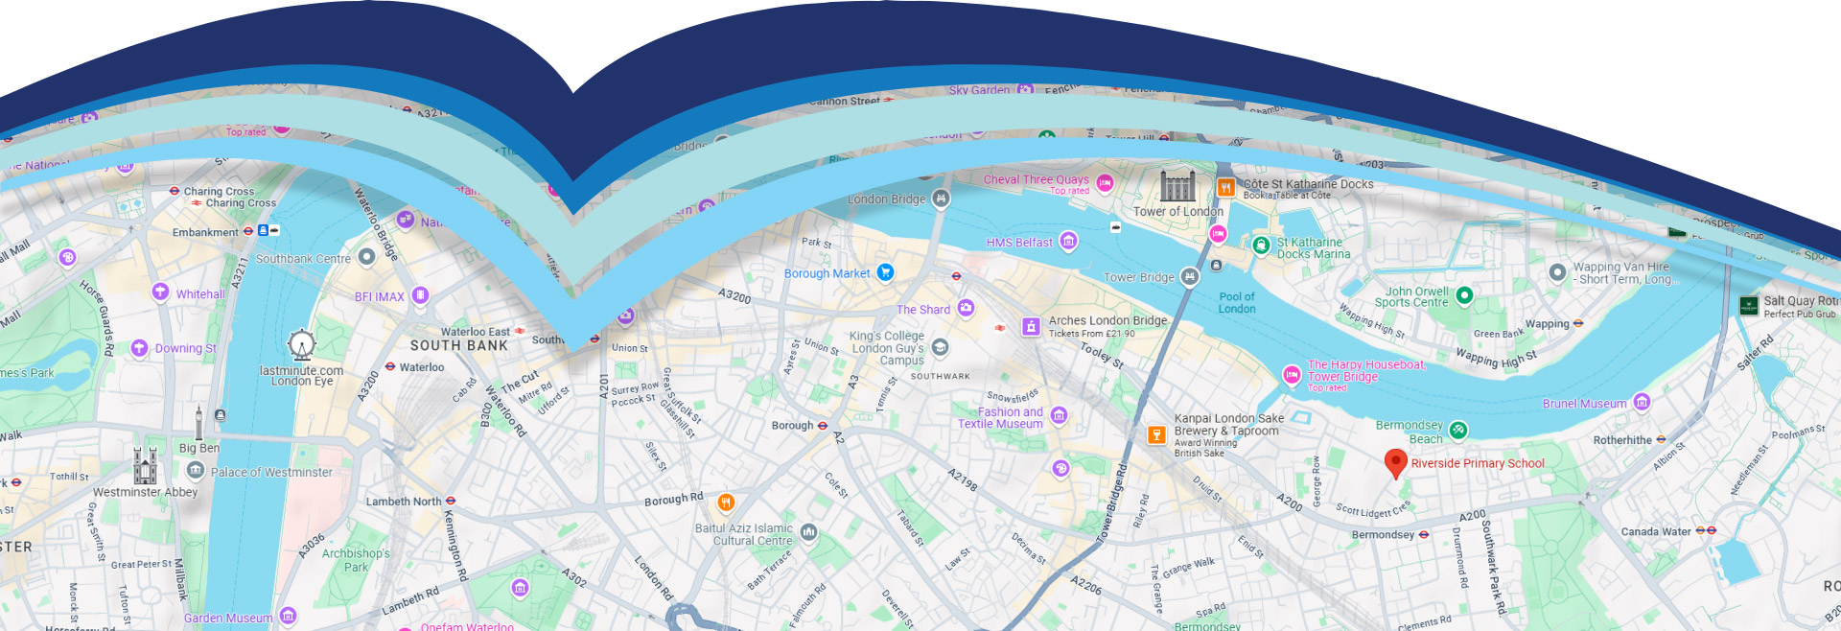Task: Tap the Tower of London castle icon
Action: click(x=1177, y=186)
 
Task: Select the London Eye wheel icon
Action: click(x=301, y=344)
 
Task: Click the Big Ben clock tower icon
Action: click(x=198, y=423)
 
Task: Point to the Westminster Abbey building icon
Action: click(x=145, y=465)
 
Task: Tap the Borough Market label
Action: click(x=827, y=274)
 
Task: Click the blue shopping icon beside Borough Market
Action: click(x=885, y=272)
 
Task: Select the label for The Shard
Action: click(x=922, y=310)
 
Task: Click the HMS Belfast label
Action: click(x=1019, y=243)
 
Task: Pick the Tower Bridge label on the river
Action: click(x=1138, y=278)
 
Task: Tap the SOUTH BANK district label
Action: click(x=458, y=346)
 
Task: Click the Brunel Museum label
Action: click(x=1584, y=404)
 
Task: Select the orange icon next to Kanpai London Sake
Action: click(x=1156, y=434)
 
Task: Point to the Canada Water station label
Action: click(x=1656, y=531)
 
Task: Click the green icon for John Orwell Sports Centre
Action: click(x=1464, y=295)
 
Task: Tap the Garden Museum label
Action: click(x=228, y=619)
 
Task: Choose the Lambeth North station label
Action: click(x=403, y=502)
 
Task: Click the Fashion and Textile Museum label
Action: click(x=1000, y=418)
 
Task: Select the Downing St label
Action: click(x=185, y=349)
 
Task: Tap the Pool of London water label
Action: click(x=1236, y=303)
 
